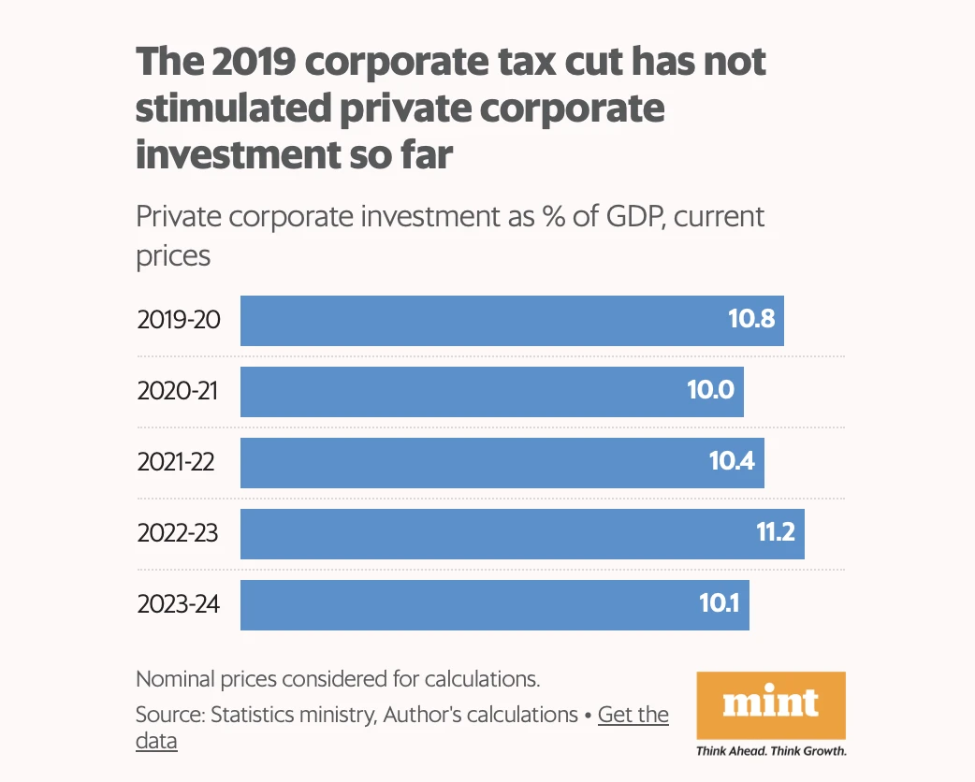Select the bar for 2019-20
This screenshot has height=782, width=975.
(x=512, y=321)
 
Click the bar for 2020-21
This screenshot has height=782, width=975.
(x=491, y=391)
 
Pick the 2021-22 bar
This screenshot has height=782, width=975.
(x=502, y=462)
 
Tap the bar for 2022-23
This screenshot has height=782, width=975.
(x=522, y=534)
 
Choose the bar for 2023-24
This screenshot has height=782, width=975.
(x=494, y=604)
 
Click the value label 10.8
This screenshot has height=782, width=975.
(x=751, y=320)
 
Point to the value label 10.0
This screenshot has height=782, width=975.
(x=710, y=391)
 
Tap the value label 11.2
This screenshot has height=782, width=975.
(x=775, y=533)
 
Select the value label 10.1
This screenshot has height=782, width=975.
(x=719, y=604)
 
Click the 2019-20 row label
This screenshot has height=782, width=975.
(x=179, y=320)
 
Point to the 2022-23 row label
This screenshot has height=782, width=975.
(x=178, y=533)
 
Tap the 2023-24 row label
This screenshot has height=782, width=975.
(x=179, y=604)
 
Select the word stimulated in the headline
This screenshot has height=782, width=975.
(x=229, y=109)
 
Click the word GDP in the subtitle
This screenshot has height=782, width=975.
(x=631, y=217)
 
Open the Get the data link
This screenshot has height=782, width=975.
(x=633, y=716)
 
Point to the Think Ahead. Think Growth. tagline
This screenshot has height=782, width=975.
(x=771, y=750)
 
